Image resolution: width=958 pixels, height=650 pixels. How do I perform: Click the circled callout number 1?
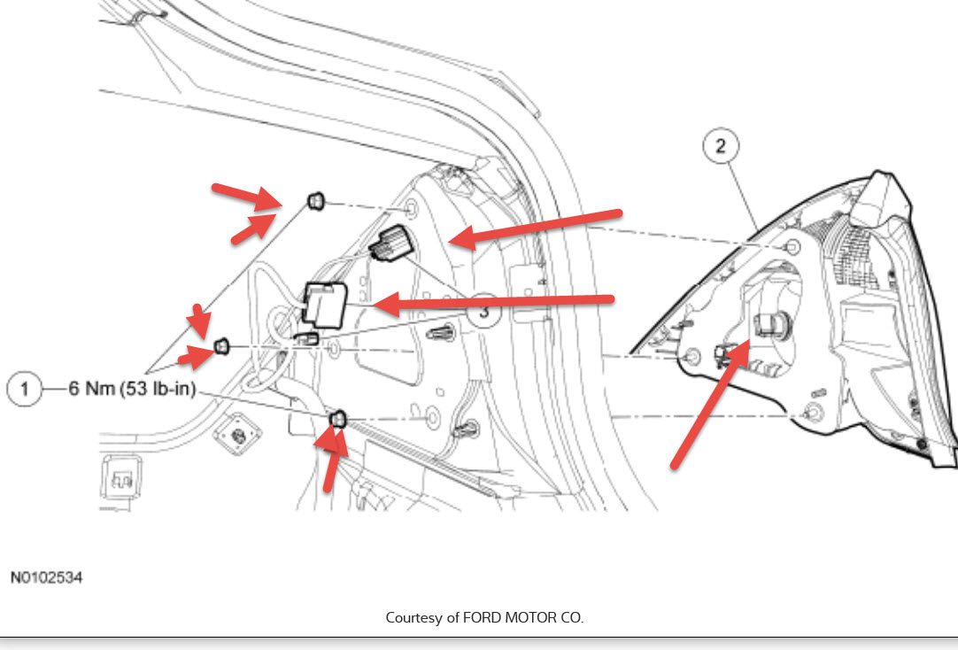click(26, 389)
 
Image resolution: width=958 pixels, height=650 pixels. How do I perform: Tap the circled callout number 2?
click(721, 146)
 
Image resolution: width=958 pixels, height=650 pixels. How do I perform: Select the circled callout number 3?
click(484, 312)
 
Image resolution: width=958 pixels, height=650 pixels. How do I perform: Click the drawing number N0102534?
click(47, 576)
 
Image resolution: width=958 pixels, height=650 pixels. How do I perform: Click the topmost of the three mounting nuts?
click(315, 203)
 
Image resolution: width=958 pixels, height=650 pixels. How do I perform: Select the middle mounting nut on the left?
click(224, 344)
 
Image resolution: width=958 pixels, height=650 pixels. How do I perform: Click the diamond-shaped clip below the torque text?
click(236, 433)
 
